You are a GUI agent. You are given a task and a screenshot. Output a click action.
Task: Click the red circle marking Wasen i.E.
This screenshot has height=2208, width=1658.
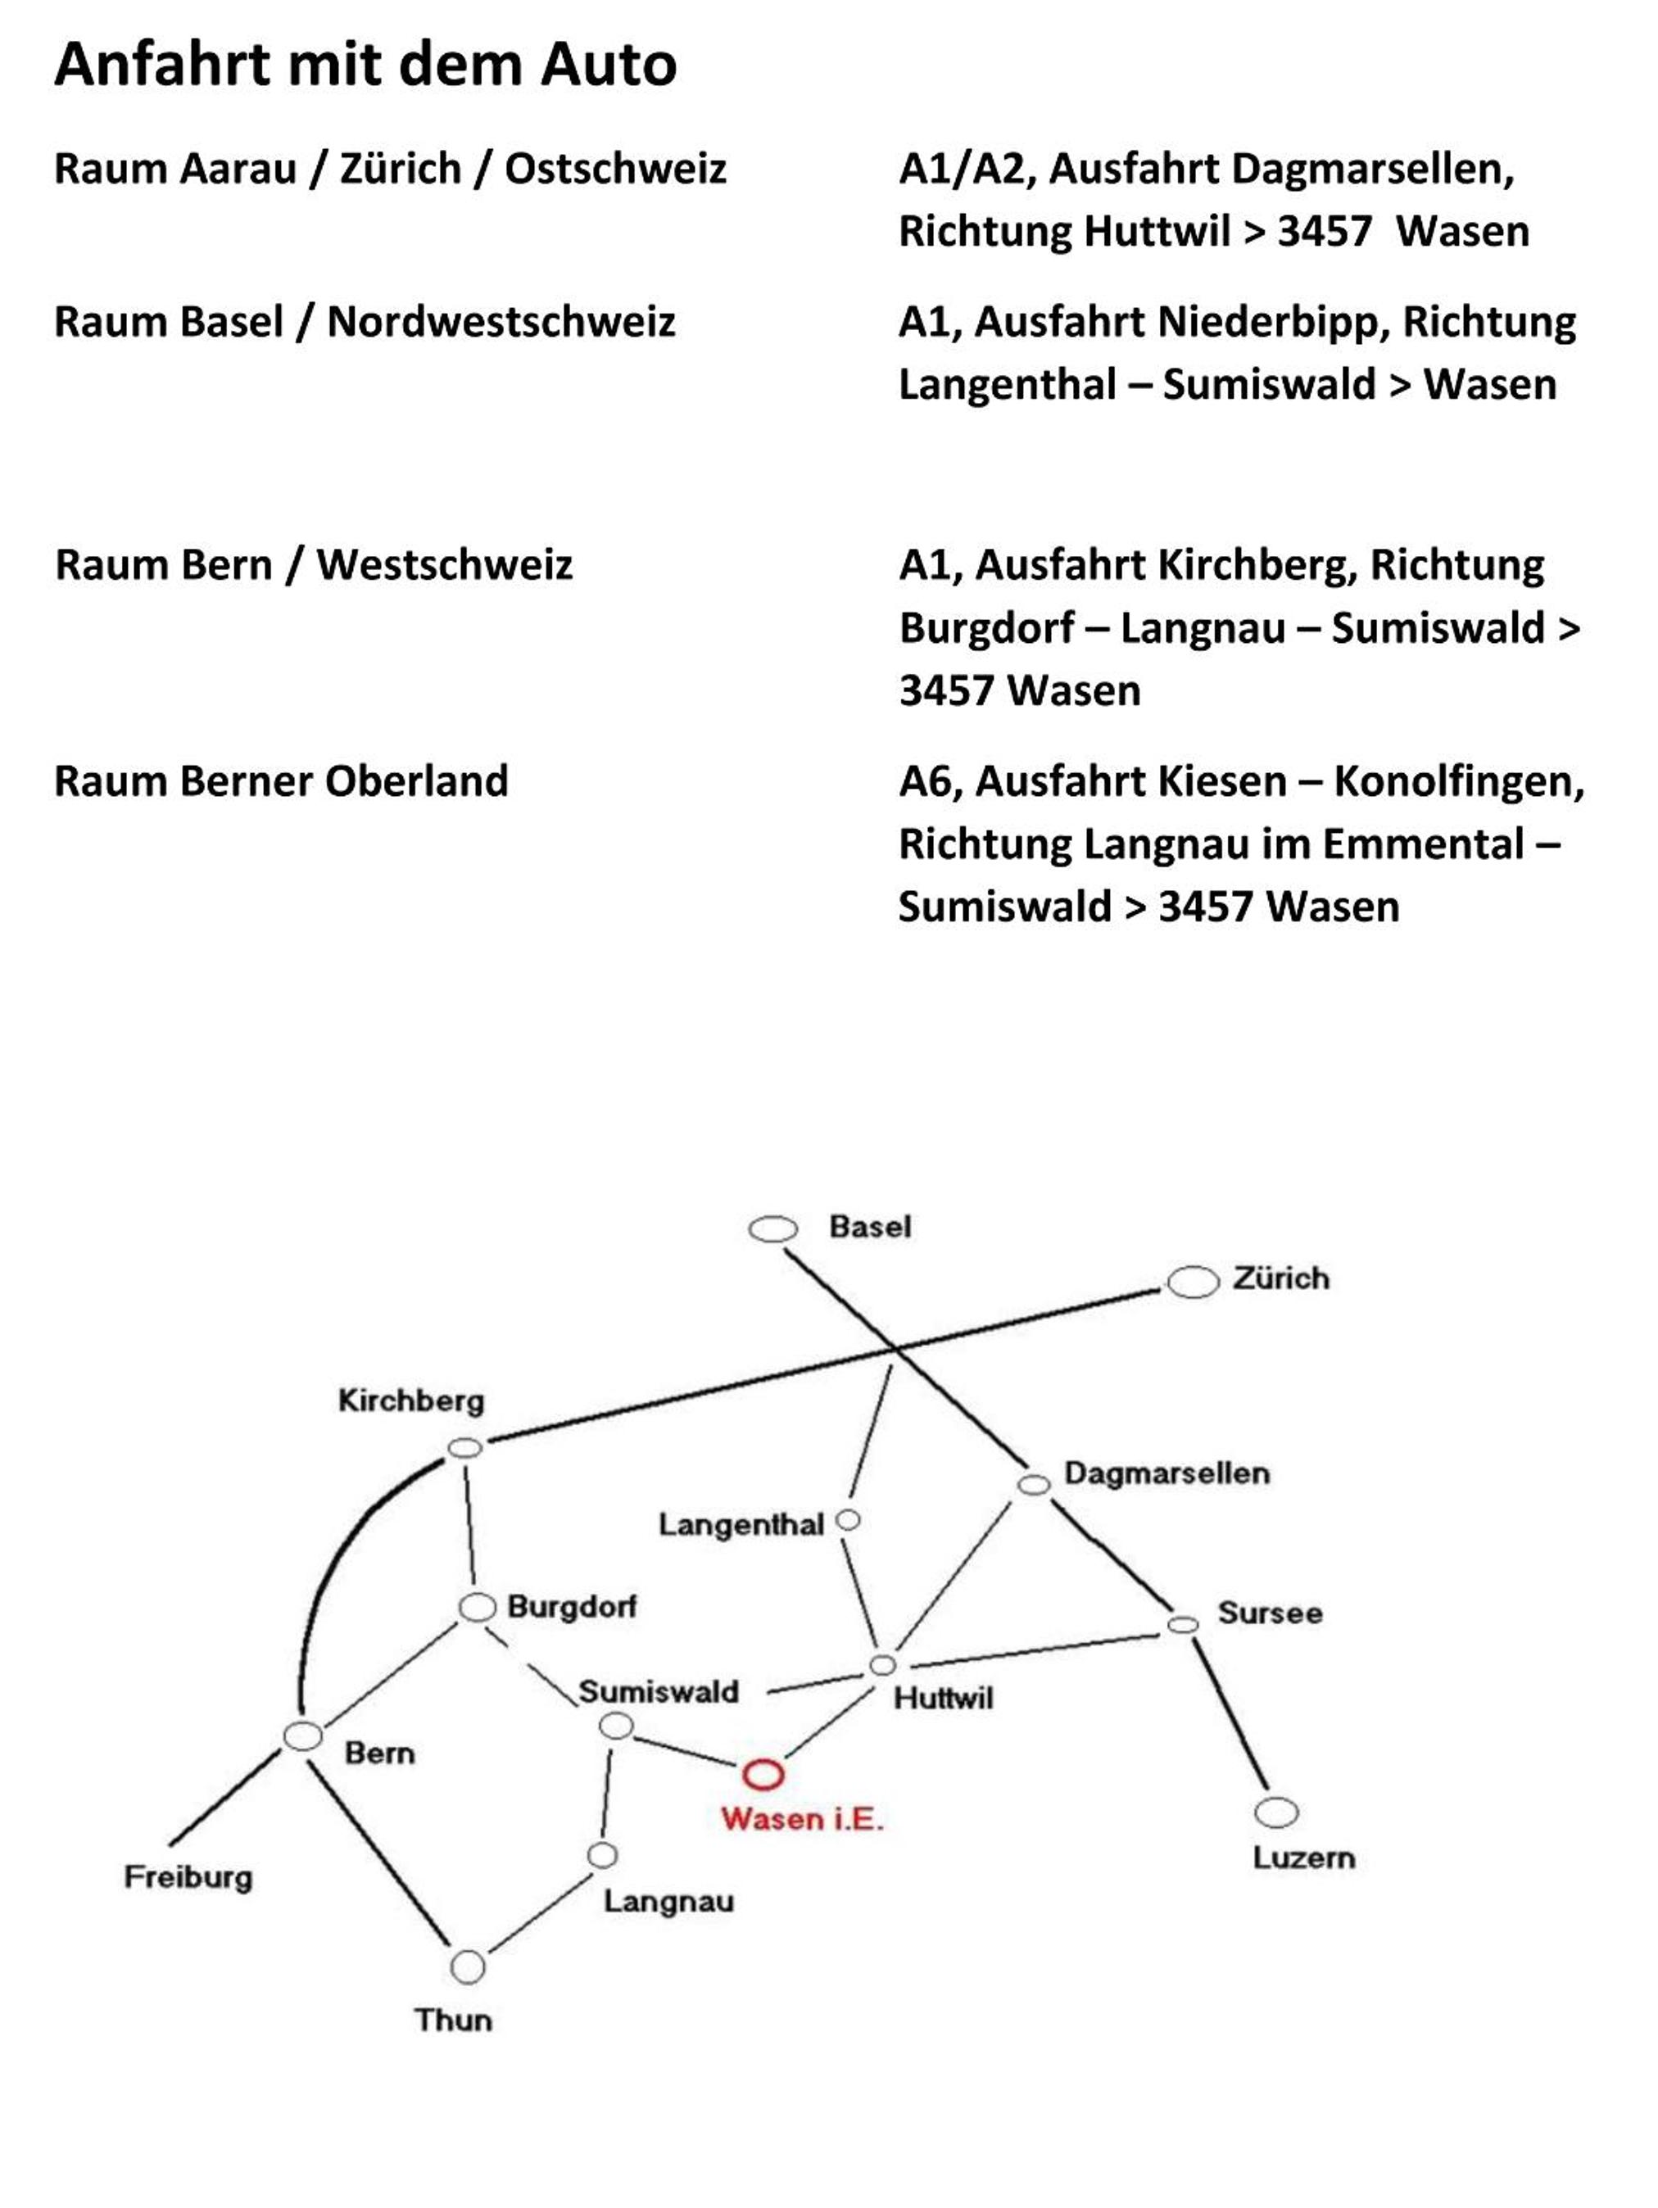pyautogui.click(x=763, y=1774)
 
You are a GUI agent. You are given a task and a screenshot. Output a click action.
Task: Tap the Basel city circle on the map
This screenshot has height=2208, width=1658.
pyautogui.click(x=773, y=1228)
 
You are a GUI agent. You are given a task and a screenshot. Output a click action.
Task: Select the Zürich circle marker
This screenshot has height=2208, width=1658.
pyautogui.click(x=1193, y=1283)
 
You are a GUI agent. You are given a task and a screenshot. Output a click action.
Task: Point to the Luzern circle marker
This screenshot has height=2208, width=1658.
pyautogui.click(x=1275, y=1812)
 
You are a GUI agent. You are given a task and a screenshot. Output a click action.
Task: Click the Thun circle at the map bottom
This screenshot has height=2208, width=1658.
pyautogui.click(x=467, y=1967)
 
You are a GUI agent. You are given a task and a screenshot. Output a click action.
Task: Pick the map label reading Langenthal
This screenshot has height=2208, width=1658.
pyautogui.click(x=741, y=1524)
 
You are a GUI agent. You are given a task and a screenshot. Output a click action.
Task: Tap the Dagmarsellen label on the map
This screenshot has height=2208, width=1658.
pyautogui.click(x=1166, y=1473)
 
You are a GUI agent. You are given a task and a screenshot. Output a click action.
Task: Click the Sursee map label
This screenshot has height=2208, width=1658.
pyautogui.click(x=1270, y=1613)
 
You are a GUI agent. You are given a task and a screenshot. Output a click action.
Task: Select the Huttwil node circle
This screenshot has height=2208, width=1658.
pyautogui.click(x=882, y=1665)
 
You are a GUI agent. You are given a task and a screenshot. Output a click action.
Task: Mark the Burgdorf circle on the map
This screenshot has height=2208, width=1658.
pyautogui.click(x=477, y=1607)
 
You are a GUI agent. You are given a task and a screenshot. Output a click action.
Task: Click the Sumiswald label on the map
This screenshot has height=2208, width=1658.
pyautogui.click(x=659, y=1691)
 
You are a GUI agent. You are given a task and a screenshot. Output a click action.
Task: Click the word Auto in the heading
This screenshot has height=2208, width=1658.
pyautogui.click(x=609, y=65)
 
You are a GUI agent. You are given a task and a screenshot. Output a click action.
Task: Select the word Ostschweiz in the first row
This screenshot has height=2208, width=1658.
pyautogui.click(x=615, y=169)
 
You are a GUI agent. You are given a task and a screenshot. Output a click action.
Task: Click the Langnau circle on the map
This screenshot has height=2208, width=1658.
pyautogui.click(x=602, y=1855)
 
